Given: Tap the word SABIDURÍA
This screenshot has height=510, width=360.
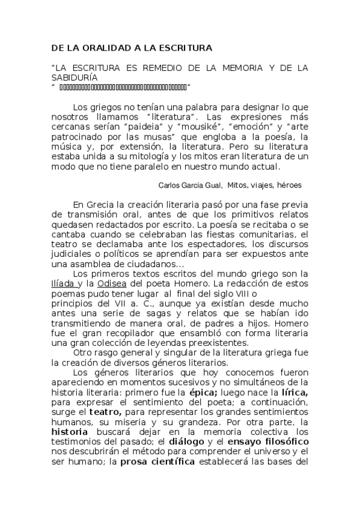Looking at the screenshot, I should pyautogui.click(x=74, y=78).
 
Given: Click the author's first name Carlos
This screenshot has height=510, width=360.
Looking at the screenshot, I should pyautogui.click(x=170, y=185).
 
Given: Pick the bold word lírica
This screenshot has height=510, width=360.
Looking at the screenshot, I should pyautogui.click(x=294, y=392).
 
